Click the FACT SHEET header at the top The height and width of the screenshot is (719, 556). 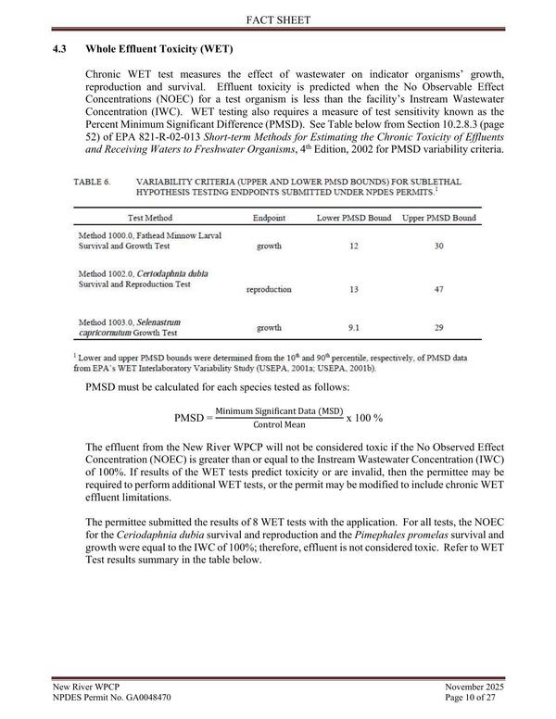pyautogui.click(x=278, y=18)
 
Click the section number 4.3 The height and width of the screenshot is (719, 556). pyautogui.click(x=61, y=47)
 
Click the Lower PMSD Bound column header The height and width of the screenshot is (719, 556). pyautogui.click(x=353, y=217)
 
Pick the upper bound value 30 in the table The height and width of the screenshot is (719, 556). pyautogui.click(x=439, y=247)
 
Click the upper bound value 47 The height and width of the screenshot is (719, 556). pyautogui.click(x=439, y=290)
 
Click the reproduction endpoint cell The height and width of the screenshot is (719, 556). pyautogui.click(x=270, y=290)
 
